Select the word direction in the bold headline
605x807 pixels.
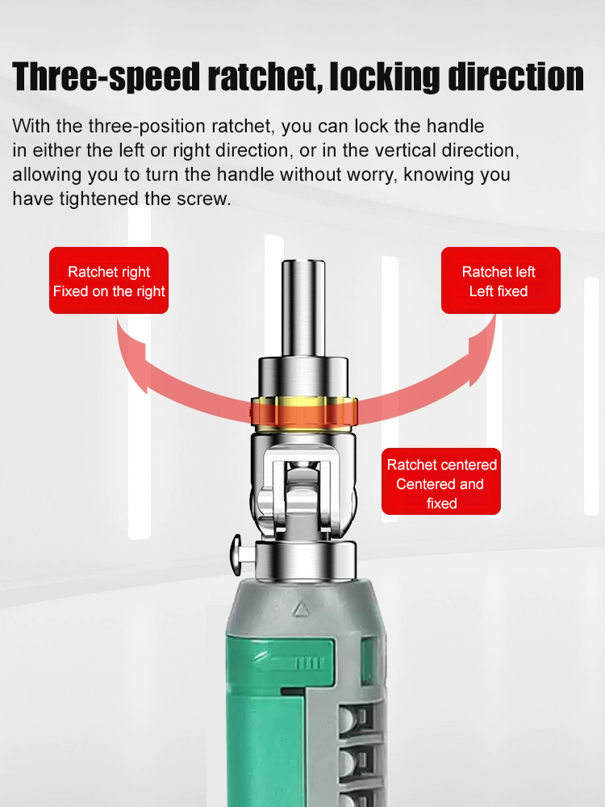(x=503, y=77)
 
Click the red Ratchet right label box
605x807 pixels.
(x=109, y=280)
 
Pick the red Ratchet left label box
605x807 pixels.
(x=500, y=280)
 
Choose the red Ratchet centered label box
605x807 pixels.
(x=441, y=482)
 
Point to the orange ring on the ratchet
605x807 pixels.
(x=303, y=412)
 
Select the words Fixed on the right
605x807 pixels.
(x=109, y=291)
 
